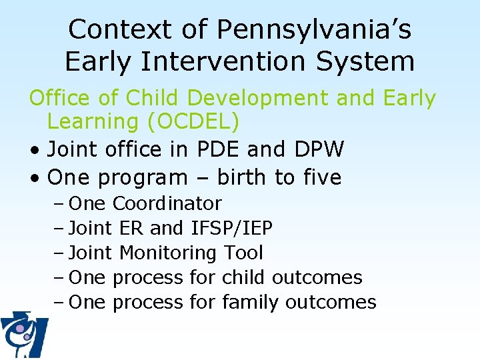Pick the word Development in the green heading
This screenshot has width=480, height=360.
tap(258, 98)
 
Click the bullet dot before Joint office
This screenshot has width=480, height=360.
tap(34, 151)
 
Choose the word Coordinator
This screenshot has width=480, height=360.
tap(167, 203)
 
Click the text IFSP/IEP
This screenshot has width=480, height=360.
tap(231, 228)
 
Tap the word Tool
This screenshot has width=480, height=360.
tap(243, 253)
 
